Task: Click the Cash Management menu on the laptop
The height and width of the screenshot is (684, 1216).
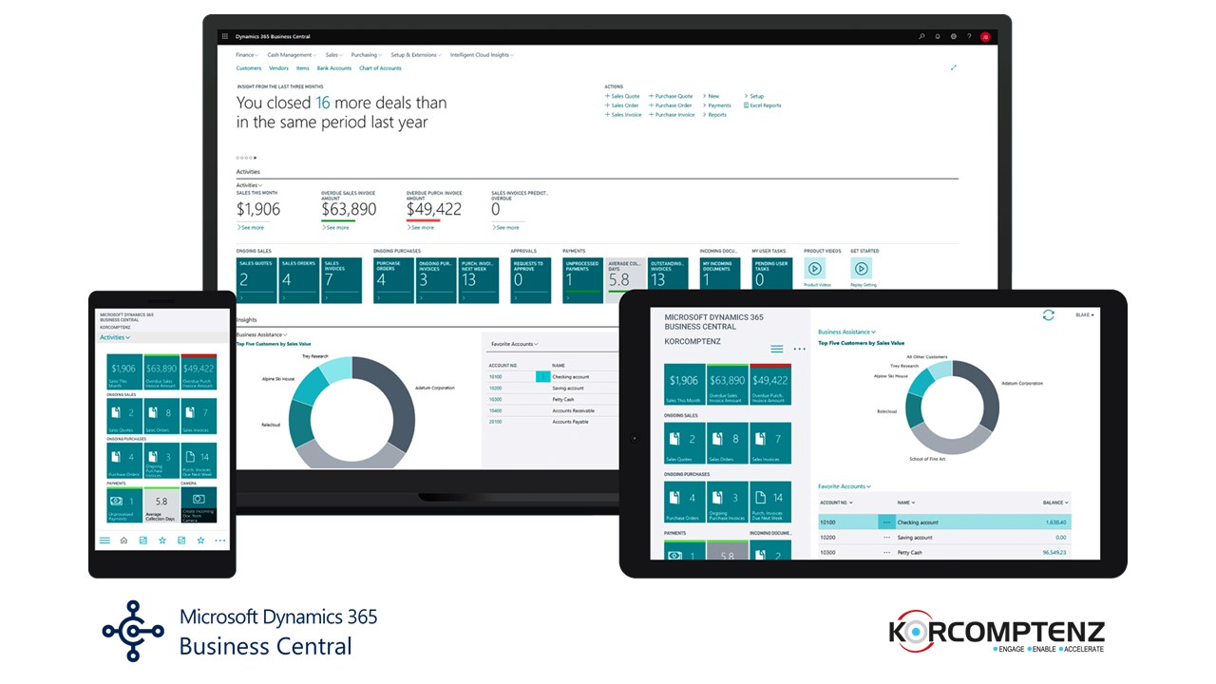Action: pos(290,55)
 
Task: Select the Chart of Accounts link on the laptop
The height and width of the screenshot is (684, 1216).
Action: pos(380,68)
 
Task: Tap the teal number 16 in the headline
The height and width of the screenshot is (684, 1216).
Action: pos(323,103)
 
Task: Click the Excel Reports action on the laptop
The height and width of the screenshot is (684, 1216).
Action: pos(765,105)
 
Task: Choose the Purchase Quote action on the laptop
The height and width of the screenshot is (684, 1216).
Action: pos(673,96)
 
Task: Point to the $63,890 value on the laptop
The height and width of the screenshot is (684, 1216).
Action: pos(349,209)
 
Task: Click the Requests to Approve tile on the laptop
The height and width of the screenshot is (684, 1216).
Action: pos(530,279)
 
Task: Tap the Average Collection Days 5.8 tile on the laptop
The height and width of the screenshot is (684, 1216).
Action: pos(619,279)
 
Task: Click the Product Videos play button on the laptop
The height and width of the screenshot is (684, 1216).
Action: pos(814,269)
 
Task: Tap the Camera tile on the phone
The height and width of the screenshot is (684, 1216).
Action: pos(199,504)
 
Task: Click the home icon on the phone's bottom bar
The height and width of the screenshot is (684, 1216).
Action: pos(123,541)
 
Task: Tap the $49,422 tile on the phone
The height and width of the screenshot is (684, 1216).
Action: pos(199,371)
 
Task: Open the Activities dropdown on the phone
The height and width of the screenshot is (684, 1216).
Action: pos(115,337)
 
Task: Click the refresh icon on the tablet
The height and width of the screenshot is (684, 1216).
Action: pos(1049,315)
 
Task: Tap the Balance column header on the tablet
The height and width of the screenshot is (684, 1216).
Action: pos(1054,503)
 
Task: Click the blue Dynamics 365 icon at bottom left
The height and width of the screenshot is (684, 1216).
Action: pos(134,631)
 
